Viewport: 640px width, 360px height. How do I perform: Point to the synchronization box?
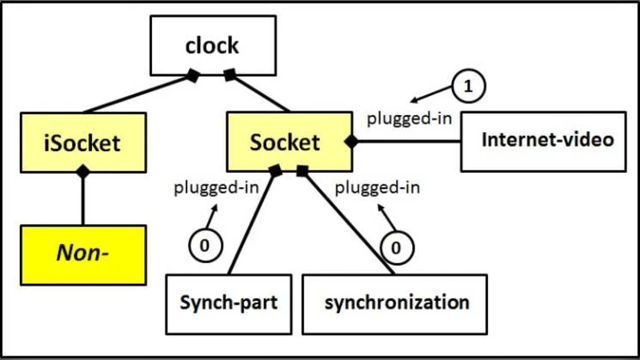click(x=395, y=304)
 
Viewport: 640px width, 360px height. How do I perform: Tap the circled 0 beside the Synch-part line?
click(x=204, y=246)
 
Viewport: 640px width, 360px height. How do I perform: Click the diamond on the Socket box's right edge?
click(x=350, y=142)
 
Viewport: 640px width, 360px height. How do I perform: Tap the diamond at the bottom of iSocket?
click(x=82, y=171)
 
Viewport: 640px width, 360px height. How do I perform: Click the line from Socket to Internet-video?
click(x=408, y=142)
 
